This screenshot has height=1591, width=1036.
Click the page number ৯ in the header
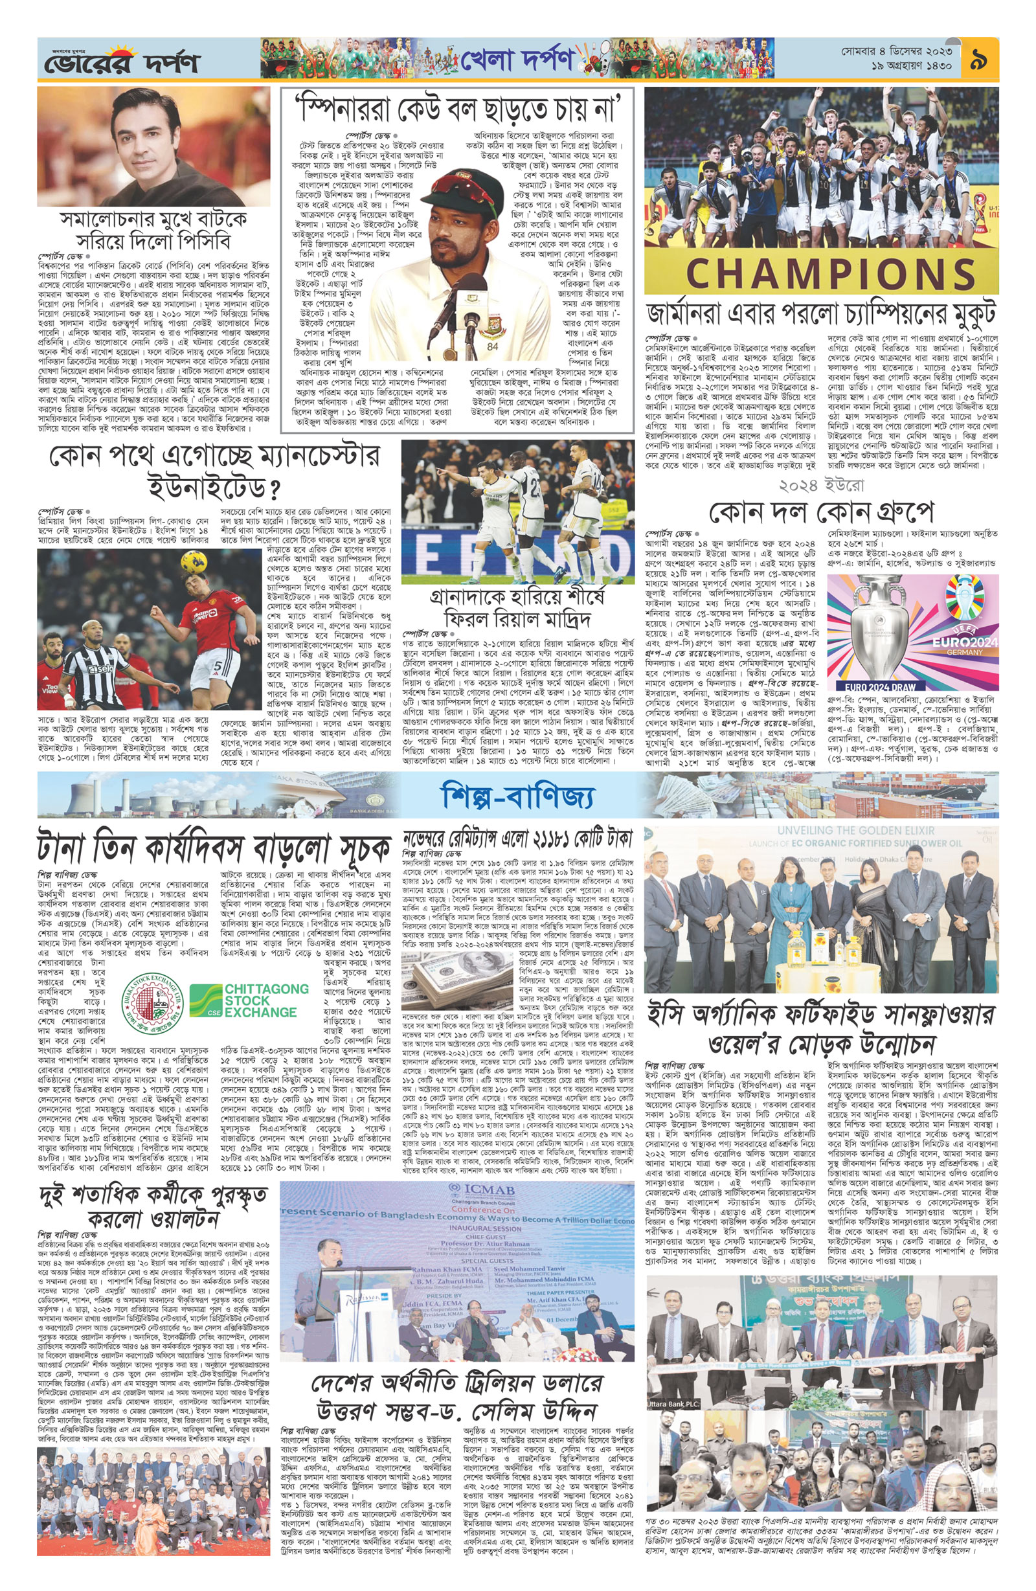(x=979, y=60)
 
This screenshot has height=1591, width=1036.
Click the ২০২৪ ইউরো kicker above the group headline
(x=822, y=484)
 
